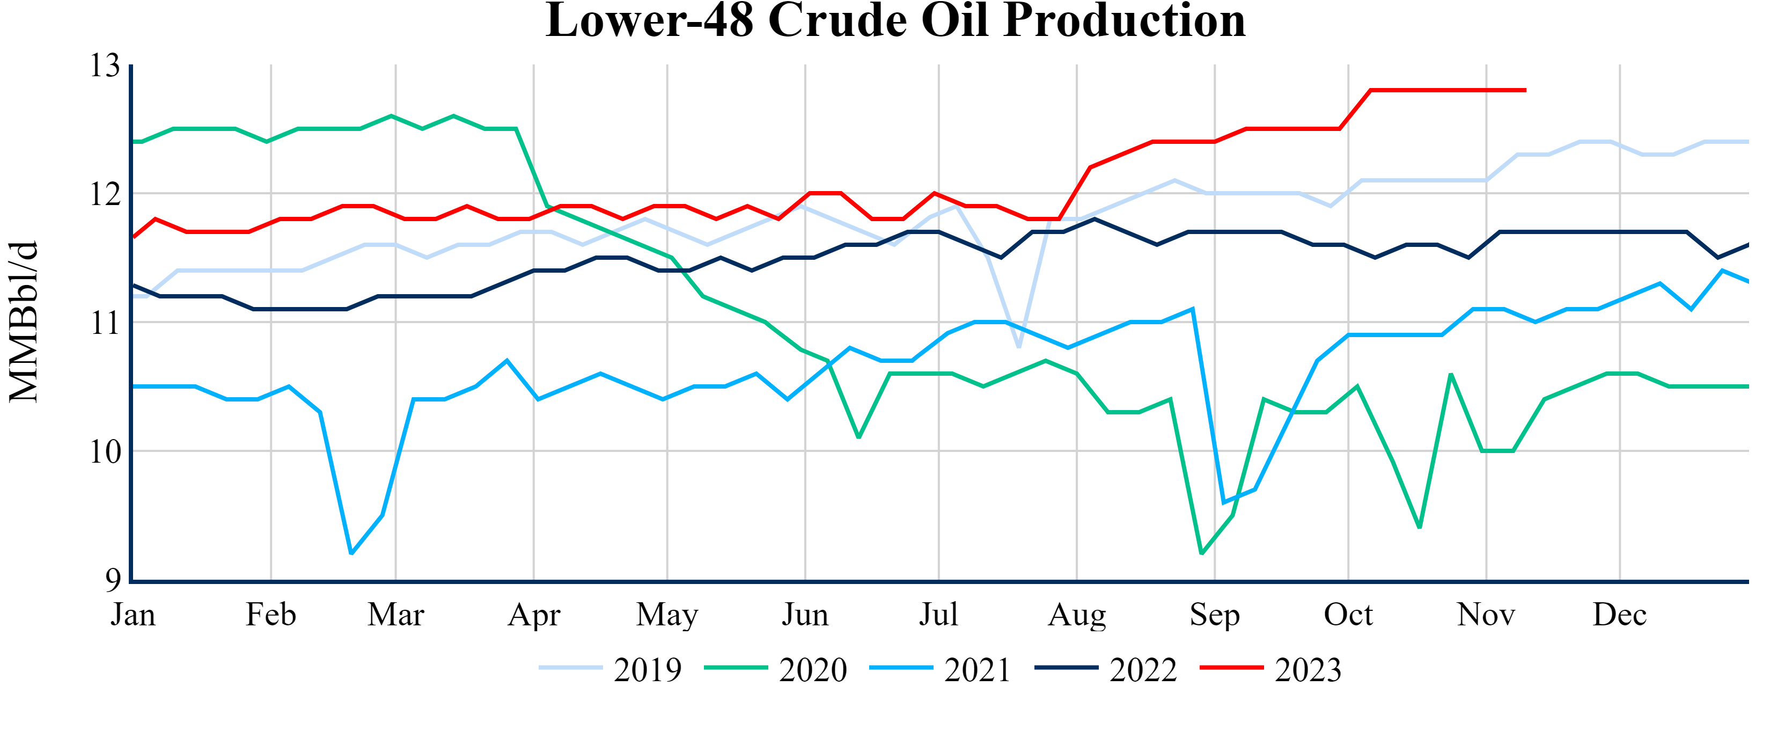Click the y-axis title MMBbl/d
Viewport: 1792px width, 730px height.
tap(24, 322)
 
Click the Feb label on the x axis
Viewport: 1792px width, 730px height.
tap(270, 615)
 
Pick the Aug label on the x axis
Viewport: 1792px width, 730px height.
tap(1077, 615)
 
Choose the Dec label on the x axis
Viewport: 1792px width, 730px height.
tap(1619, 615)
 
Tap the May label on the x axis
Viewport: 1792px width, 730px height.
tap(667, 615)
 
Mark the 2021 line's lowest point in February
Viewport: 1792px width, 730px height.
tap(351, 553)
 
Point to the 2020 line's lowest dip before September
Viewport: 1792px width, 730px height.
tap(1202, 553)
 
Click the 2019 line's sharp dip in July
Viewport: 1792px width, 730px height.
tap(1019, 347)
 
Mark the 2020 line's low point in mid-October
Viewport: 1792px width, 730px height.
tap(1420, 528)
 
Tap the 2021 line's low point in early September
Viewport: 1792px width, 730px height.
tap(1224, 502)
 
